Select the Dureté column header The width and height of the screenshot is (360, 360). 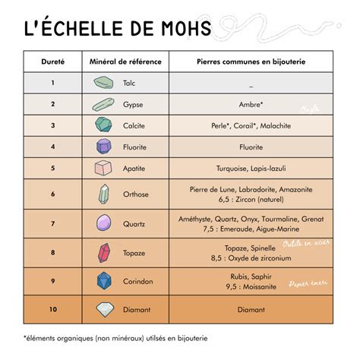pos(53,61)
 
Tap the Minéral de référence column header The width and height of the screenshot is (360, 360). pos(125,61)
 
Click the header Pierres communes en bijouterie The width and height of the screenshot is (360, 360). pos(251,61)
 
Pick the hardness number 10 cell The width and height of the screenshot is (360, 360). pos(53,309)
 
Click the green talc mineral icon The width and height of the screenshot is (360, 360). pos(103,82)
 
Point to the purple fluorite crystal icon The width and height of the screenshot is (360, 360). pos(103,146)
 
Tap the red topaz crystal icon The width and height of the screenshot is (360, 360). pos(103,252)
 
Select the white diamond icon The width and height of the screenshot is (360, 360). pos(103,309)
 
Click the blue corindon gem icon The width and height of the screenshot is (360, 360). pos(103,281)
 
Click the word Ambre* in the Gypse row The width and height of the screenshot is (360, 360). pos(251,104)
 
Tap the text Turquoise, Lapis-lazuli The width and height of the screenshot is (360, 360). pos(251,168)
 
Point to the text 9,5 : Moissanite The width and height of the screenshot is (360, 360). pos(251,287)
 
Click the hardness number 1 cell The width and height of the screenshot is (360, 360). pos(53,82)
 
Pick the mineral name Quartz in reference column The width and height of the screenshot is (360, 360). pos(134,223)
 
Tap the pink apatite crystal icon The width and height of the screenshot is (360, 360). pos(103,168)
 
